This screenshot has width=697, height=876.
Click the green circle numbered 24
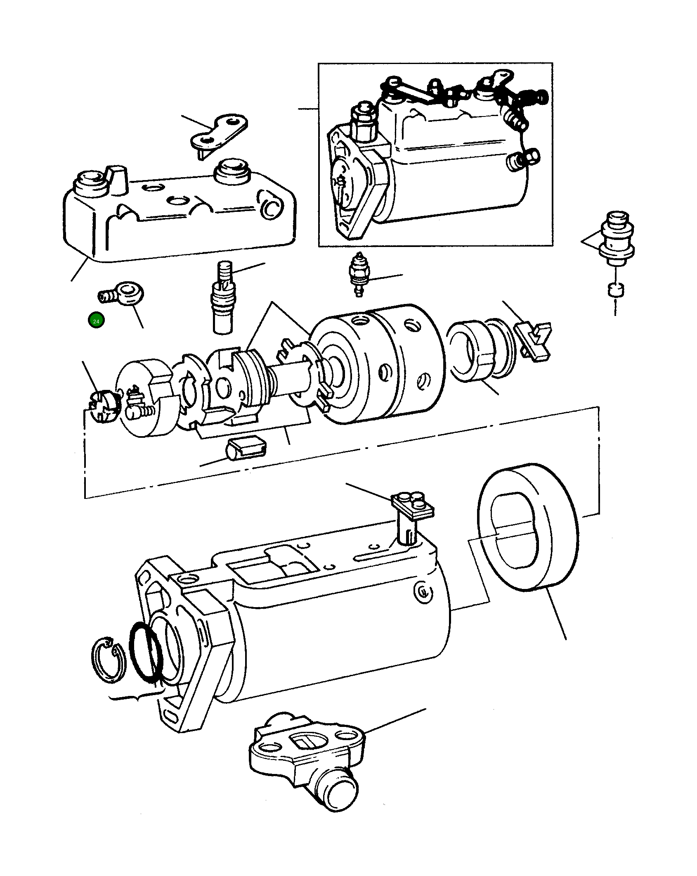tap(96, 320)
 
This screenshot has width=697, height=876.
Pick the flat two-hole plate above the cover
tap(219, 132)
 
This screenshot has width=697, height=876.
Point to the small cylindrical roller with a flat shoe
tap(246, 448)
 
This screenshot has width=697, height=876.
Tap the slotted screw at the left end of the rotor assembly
tap(103, 406)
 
